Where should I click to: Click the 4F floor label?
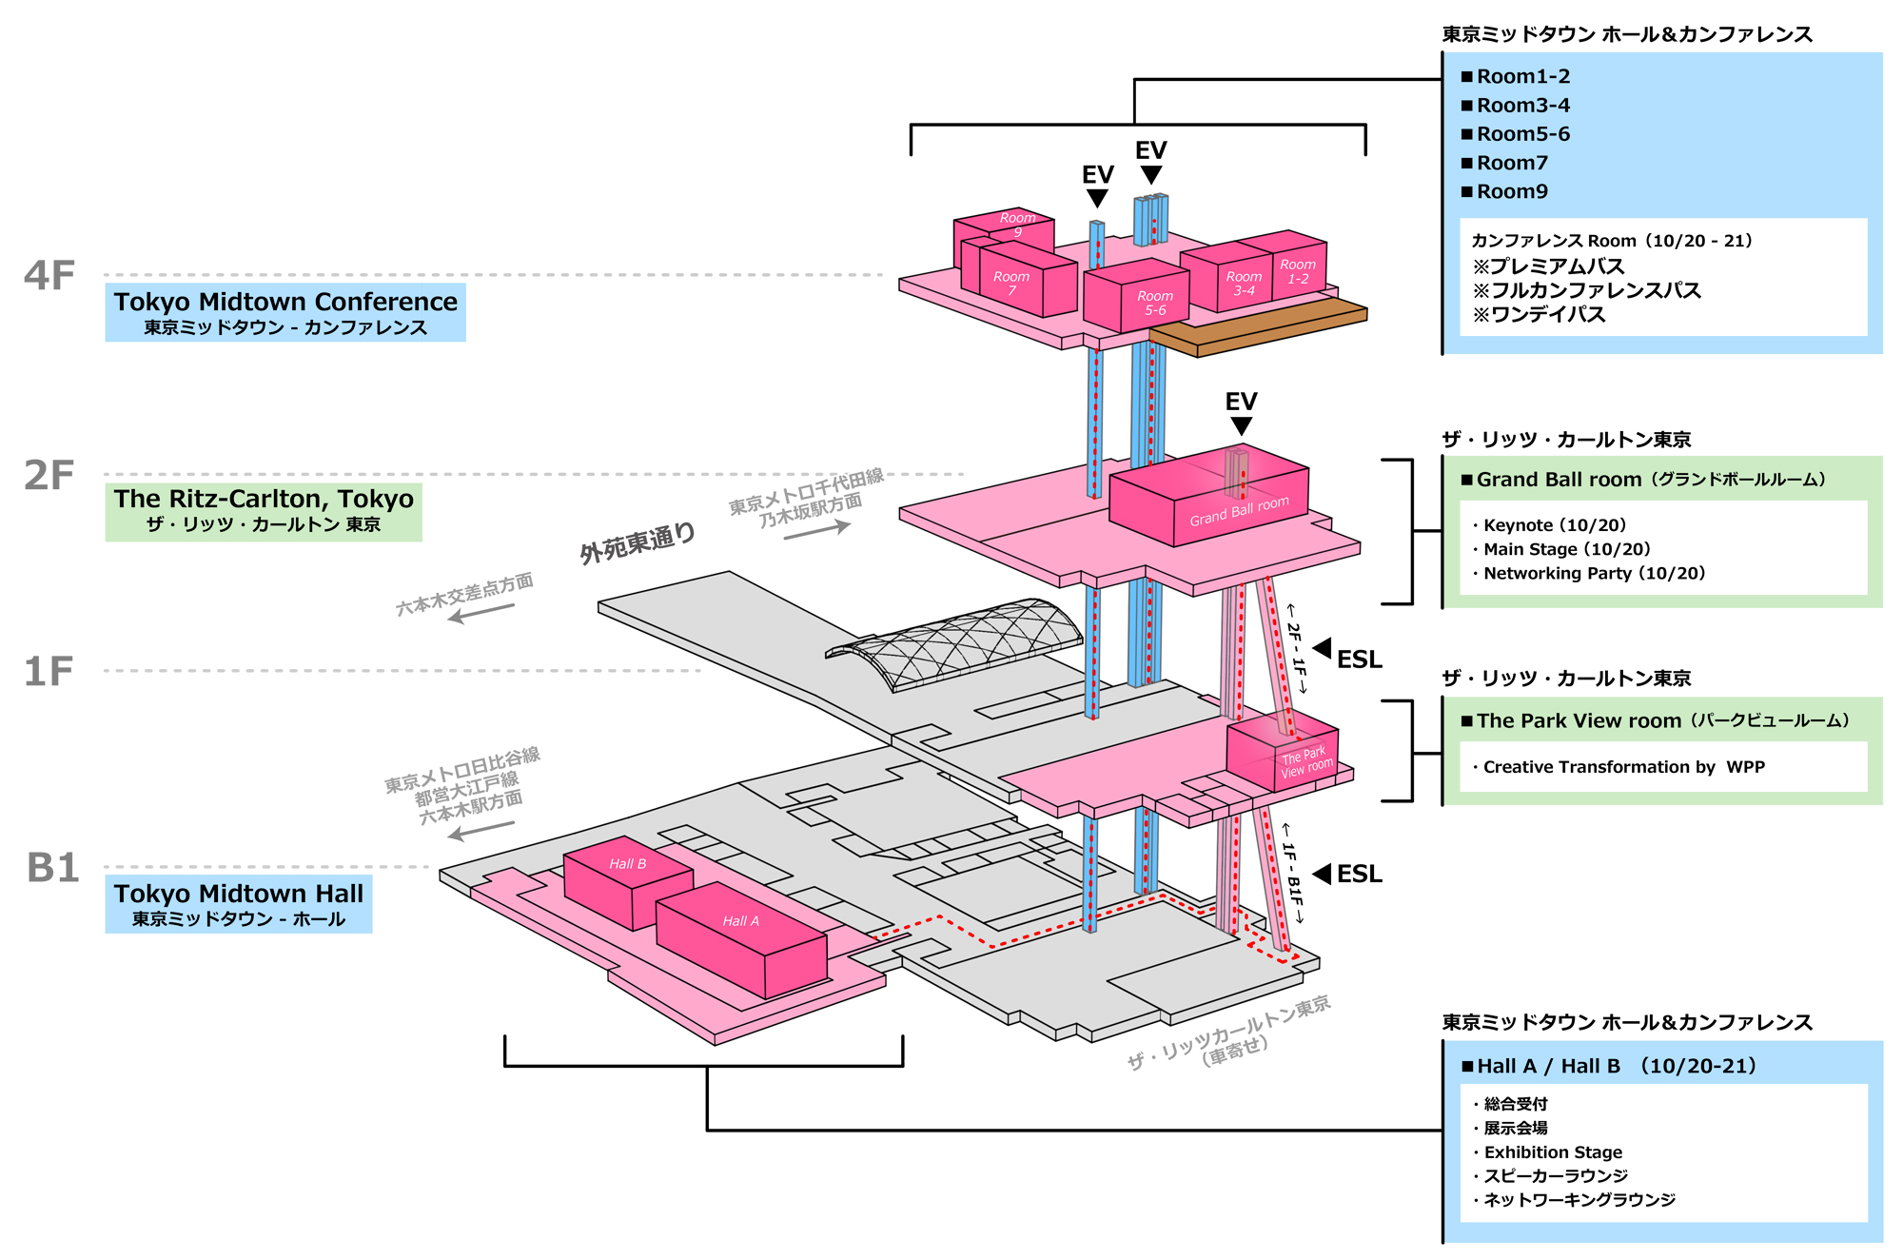49,276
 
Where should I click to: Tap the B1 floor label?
52,868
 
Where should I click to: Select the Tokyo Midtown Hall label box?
238,904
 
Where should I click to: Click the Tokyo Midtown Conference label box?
285,312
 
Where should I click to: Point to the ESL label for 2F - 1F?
1359,660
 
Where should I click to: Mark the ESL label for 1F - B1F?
1359,874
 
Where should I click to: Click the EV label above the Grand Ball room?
1241,402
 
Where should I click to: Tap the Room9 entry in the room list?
1512,191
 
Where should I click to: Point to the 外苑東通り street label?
638,543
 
